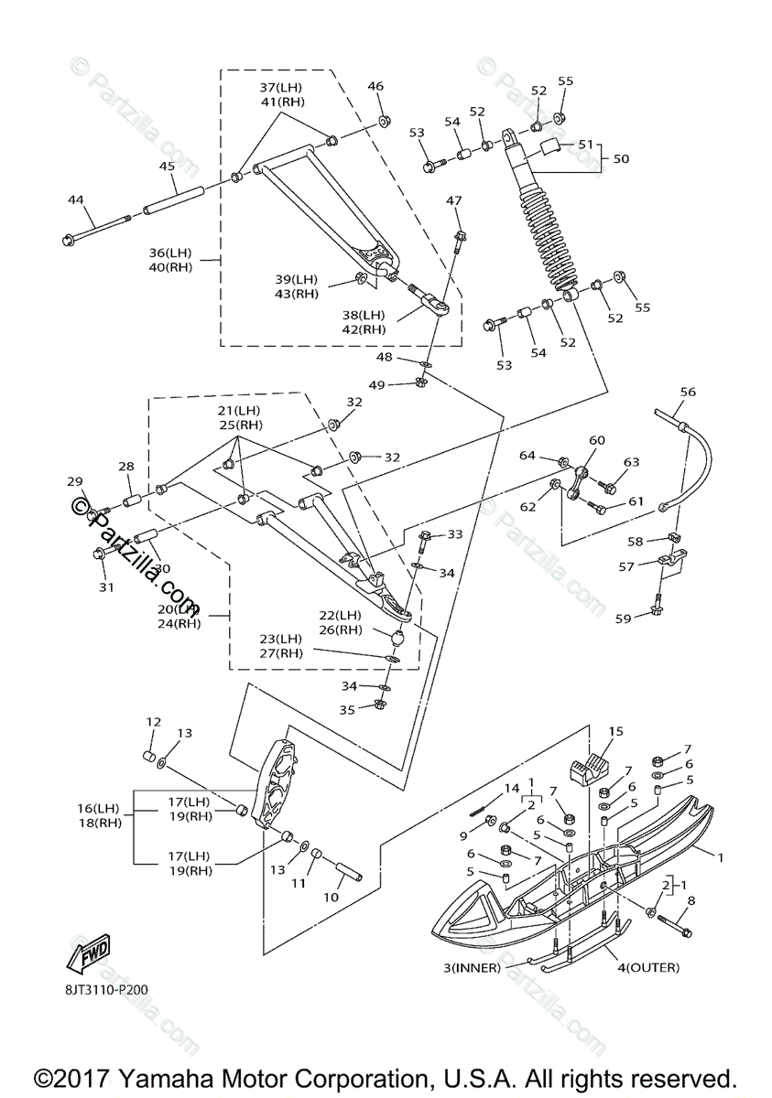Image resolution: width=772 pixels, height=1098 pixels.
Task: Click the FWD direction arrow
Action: [x=88, y=954]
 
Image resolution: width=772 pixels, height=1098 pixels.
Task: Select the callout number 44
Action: [x=75, y=199]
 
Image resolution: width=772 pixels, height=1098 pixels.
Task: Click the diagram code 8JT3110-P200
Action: [x=106, y=989]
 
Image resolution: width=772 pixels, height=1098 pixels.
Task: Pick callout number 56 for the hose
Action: [x=688, y=393]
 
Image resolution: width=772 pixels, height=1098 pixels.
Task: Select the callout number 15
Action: [x=615, y=732]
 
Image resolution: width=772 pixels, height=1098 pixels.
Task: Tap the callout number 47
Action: [x=455, y=200]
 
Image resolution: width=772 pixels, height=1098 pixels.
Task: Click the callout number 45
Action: [x=167, y=167]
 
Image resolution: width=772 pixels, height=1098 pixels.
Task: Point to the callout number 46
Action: [x=376, y=86]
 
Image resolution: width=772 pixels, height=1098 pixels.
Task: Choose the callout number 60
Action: [x=597, y=441]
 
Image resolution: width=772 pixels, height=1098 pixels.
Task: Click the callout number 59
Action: [x=623, y=619]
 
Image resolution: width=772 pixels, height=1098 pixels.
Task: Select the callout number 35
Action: [x=347, y=709]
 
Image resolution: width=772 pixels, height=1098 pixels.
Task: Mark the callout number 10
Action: [x=331, y=898]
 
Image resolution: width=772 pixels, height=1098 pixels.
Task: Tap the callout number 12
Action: [x=153, y=723]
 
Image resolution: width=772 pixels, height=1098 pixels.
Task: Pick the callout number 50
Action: [x=621, y=159]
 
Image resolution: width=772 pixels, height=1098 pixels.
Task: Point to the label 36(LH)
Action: [x=172, y=253]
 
